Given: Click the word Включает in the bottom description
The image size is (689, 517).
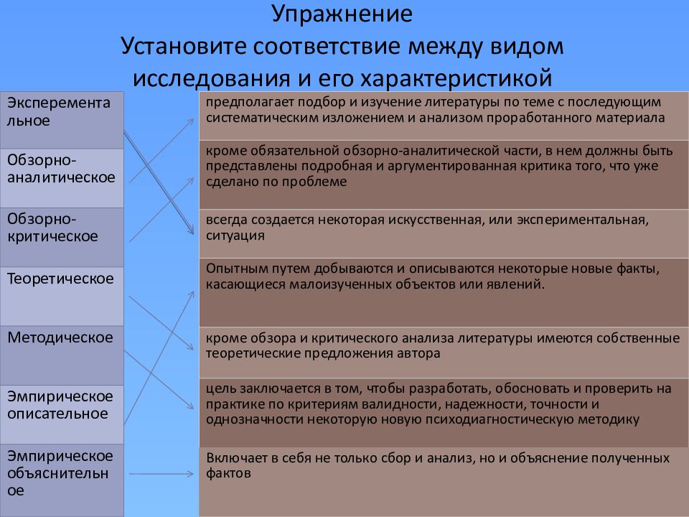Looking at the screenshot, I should click(x=233, y=457).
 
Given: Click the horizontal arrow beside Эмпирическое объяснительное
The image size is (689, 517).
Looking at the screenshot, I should click(x=162, y=473).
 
